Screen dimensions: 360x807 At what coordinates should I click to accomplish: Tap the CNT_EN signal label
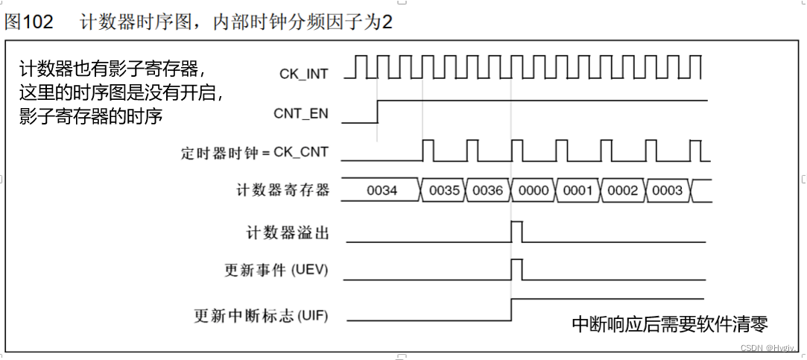(x=301, y=115)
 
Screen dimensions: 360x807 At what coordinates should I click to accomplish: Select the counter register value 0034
(x=382, y=191)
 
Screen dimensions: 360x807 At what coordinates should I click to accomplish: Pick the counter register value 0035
(x=444, y=191)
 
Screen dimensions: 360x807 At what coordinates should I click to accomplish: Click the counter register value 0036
(x=488, y=191)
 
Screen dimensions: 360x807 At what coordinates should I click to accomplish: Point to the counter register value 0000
(x=534, y=191)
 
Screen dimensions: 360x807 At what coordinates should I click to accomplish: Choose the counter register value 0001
(x=577, y=191)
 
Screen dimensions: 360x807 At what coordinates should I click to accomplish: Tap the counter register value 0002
(x=622, y=191)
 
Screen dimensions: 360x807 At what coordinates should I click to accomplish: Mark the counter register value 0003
(x=667, y=191)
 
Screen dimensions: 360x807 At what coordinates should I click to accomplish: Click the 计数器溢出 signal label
(x=287, y=233)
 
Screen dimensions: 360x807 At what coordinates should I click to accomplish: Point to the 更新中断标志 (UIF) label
(x=260, y=315)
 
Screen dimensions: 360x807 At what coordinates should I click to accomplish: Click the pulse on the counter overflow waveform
(x=516, y=231)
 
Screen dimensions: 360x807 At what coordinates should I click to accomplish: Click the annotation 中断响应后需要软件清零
(x=669, y=324)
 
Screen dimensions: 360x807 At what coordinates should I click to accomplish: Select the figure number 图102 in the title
(x=29, y=22)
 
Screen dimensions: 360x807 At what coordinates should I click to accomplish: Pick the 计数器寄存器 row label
(x=282, y=191)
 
